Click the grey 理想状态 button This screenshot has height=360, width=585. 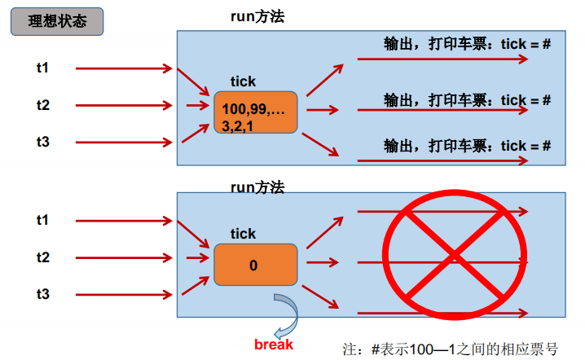[57, 22]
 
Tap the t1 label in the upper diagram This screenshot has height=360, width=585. [42, 68]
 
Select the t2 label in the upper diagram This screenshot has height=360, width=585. [42, 105]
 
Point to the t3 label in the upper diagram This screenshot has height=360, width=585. [42, 142]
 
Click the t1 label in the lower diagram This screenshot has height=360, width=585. [42, 220]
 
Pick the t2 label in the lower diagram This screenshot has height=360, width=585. [42, 257]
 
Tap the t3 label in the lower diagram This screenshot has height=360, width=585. [42, 293]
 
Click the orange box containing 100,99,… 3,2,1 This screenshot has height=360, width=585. [255, 112]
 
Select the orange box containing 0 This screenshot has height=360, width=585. [255, 265]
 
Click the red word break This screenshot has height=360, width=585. [274, 345]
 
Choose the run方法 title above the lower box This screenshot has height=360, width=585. [257, 187]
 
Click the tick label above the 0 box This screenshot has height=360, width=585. [243, 234]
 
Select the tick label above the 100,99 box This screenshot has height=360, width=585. [243, 81]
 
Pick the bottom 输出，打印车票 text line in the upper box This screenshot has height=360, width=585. [468, 146]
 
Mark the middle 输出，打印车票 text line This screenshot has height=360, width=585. [468, 100]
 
